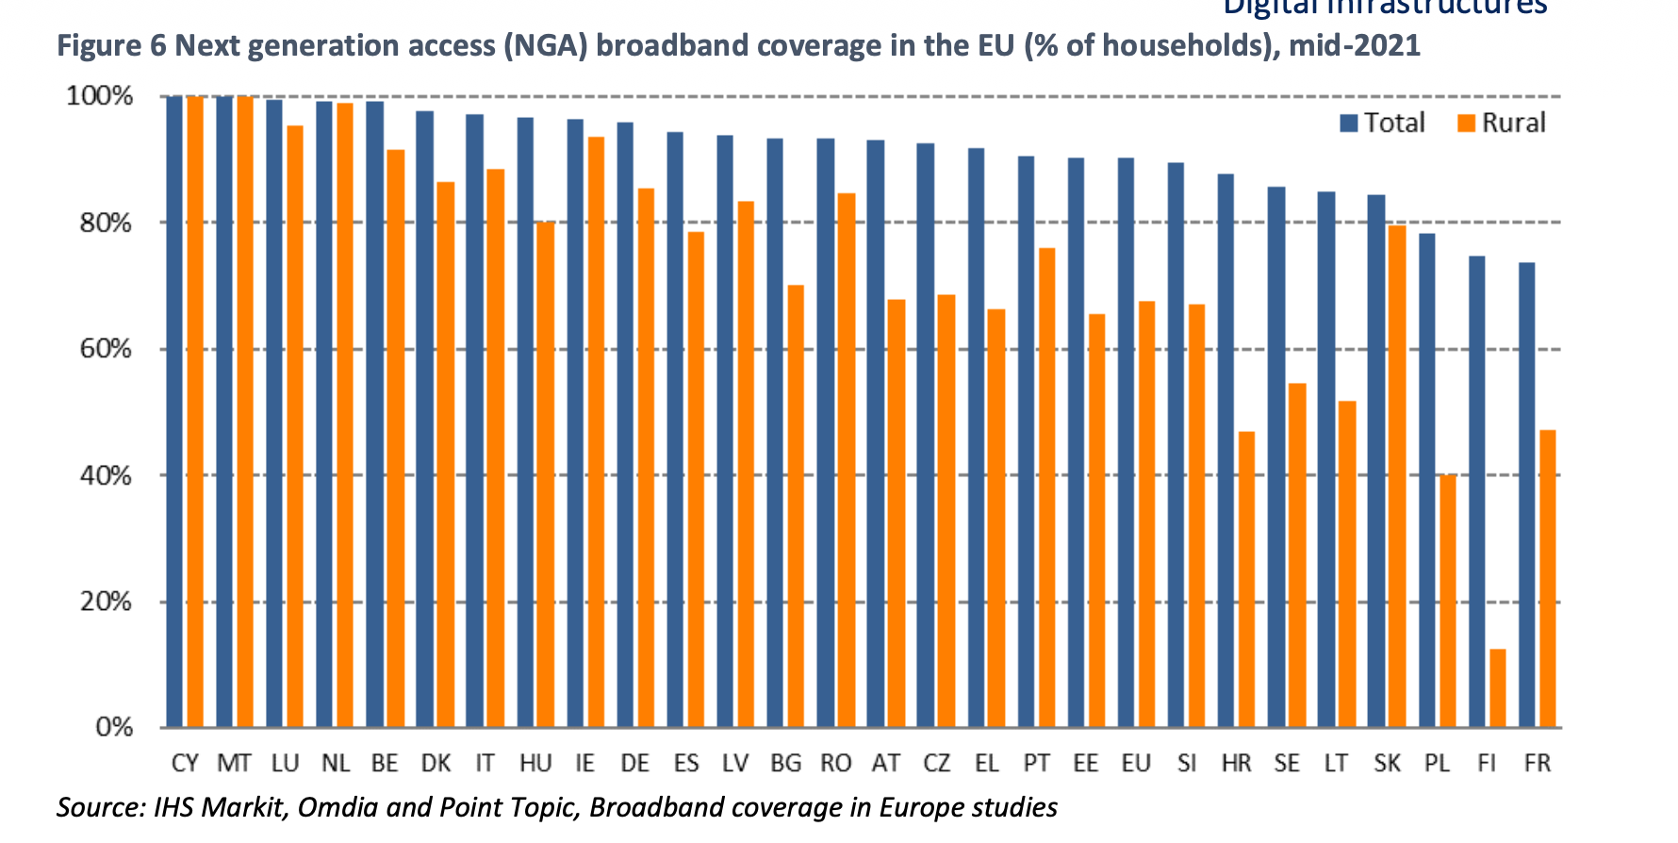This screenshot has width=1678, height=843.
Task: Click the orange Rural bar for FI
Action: tap(1497, 688)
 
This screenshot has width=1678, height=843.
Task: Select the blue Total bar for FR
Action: tap(1527, 495)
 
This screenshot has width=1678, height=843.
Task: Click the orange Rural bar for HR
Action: tap(1246, 579)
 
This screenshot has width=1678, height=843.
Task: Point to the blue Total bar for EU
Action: tap(1126, 442)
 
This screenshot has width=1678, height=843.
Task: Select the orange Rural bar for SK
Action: tap(1397, 476)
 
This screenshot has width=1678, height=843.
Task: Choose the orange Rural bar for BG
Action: tap(796, 505)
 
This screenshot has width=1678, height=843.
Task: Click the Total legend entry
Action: tap(1382, 123)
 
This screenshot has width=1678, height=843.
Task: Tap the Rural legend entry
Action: tap(1502, 123)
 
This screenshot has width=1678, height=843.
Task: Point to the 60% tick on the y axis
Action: tap(106, 350)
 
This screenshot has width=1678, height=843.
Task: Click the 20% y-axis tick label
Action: tap(106, 602)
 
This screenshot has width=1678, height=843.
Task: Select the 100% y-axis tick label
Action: tap(100, 96)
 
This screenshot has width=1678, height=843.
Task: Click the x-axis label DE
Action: tap(634, 763)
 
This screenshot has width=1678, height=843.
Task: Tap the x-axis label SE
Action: tap(1287, 763)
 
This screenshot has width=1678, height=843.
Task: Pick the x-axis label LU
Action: tap(285, 763)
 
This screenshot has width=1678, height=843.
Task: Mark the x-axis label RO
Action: tap(835, 763)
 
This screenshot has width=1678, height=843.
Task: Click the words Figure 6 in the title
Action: tap(111, 45)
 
